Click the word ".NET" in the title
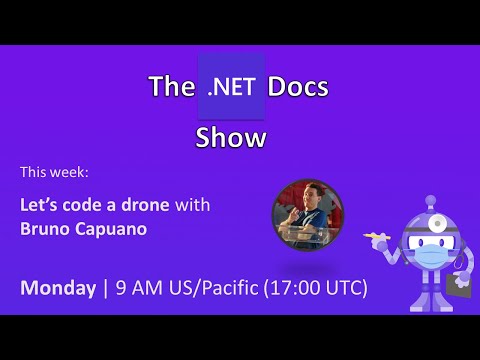(232, 87)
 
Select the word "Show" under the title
(231, 137)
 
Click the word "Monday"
(57, 288)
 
